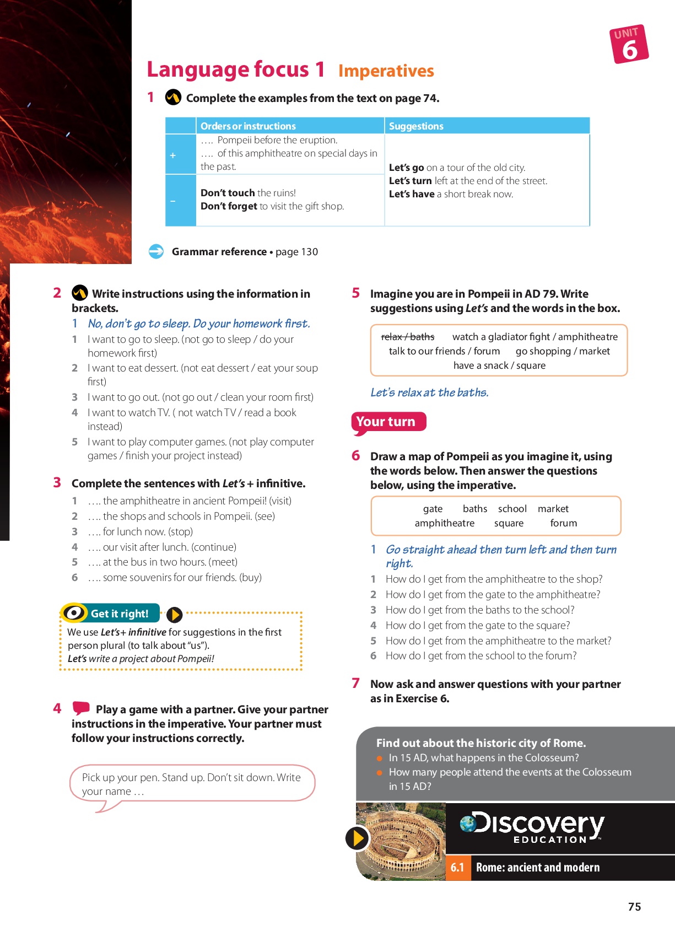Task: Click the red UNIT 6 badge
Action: pyautogui.click(x=629, y=44)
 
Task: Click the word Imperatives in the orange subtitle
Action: pyautogui.click(x=386, y=71)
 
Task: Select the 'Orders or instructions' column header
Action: pyautogui.click(x=248, y=126)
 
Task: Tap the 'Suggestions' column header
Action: pyautogui.click(x=416, y=126)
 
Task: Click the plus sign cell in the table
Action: pyautogui.click(x=173, y=155)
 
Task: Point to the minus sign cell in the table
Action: pyautogui.click(x=173, y=201)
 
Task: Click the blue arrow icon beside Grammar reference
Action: pyautogui.click(x=156, y=251)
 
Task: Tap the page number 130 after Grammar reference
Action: pyautogui.click(x=309, y=252)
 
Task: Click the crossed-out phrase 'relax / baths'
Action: pyautogui.click(x=408, y=337)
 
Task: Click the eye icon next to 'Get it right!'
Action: pyautogui.click(x=74, y=612)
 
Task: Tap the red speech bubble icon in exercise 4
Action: pyautogui.click(x=81, y=708)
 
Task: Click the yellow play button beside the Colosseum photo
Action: pyautogui.click(x=357, y=838)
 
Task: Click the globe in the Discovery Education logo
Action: pyautogui.click(x=468, y=824)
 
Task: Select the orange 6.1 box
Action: pyautogui.click(x=457, y=868)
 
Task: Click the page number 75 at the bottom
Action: pyautogui.click(x=634, y=907)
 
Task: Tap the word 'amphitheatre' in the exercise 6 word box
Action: pyautogui.click(x=444, y=523)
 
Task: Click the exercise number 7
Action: pyautogui.click(x=356, y=684)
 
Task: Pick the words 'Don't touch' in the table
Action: pyautogui.click(x=227, y=193)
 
